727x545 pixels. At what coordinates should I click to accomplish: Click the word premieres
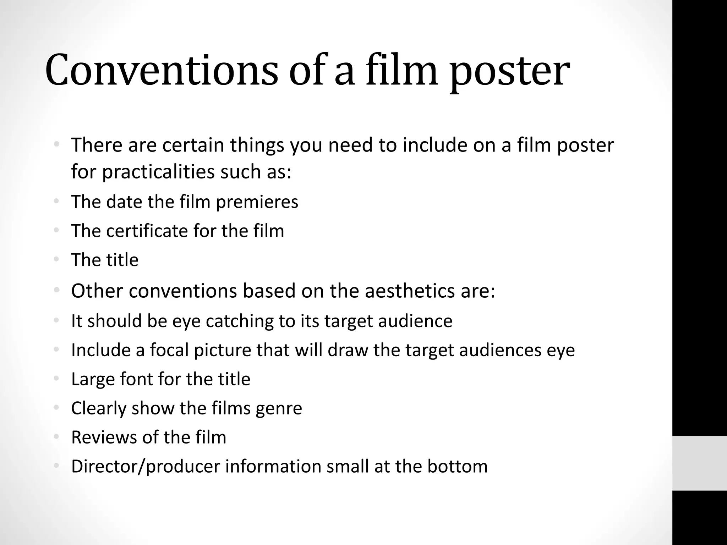(x=257, y=202)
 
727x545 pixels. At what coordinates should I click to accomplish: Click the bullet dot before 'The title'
(x=56, y=259)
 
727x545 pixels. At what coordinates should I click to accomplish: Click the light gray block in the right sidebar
(x=699, y=463)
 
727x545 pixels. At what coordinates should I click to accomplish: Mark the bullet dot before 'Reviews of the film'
(x=56, y=437)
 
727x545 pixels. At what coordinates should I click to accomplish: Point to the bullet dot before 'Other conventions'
(x=56, y=291)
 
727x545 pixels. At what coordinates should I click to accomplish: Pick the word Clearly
(x=99, y=409)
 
